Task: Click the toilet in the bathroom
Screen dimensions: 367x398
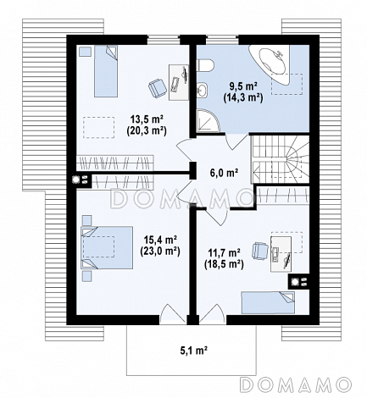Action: click(205, 65)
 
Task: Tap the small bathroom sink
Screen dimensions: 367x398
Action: click(202, 90)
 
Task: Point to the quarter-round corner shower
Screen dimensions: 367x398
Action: click(208, 121)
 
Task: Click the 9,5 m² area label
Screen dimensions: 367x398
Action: click(243, 86)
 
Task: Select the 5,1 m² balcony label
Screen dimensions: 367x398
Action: click(194, 351)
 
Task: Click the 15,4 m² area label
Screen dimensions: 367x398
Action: click(160, 240)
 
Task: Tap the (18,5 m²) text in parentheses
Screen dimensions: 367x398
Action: click(224, 264)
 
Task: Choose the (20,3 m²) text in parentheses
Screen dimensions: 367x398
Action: click(146, 130)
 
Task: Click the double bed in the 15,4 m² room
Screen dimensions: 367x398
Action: click(107, 247)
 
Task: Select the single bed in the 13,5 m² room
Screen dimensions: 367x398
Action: click(106, 71)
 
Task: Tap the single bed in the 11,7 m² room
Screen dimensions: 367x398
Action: click(268, 303)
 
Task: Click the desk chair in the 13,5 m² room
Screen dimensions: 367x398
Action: click(158, 88)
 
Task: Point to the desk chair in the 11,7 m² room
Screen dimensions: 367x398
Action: click(260, 251)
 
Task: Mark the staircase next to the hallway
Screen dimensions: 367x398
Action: click(281, 159)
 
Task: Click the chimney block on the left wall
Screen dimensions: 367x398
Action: click(81, 180)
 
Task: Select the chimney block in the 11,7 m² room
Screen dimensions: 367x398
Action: click(298, 281)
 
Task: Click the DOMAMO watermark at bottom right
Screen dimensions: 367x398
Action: click(295, 384)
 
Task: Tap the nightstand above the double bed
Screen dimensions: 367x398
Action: click(87, 220)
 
